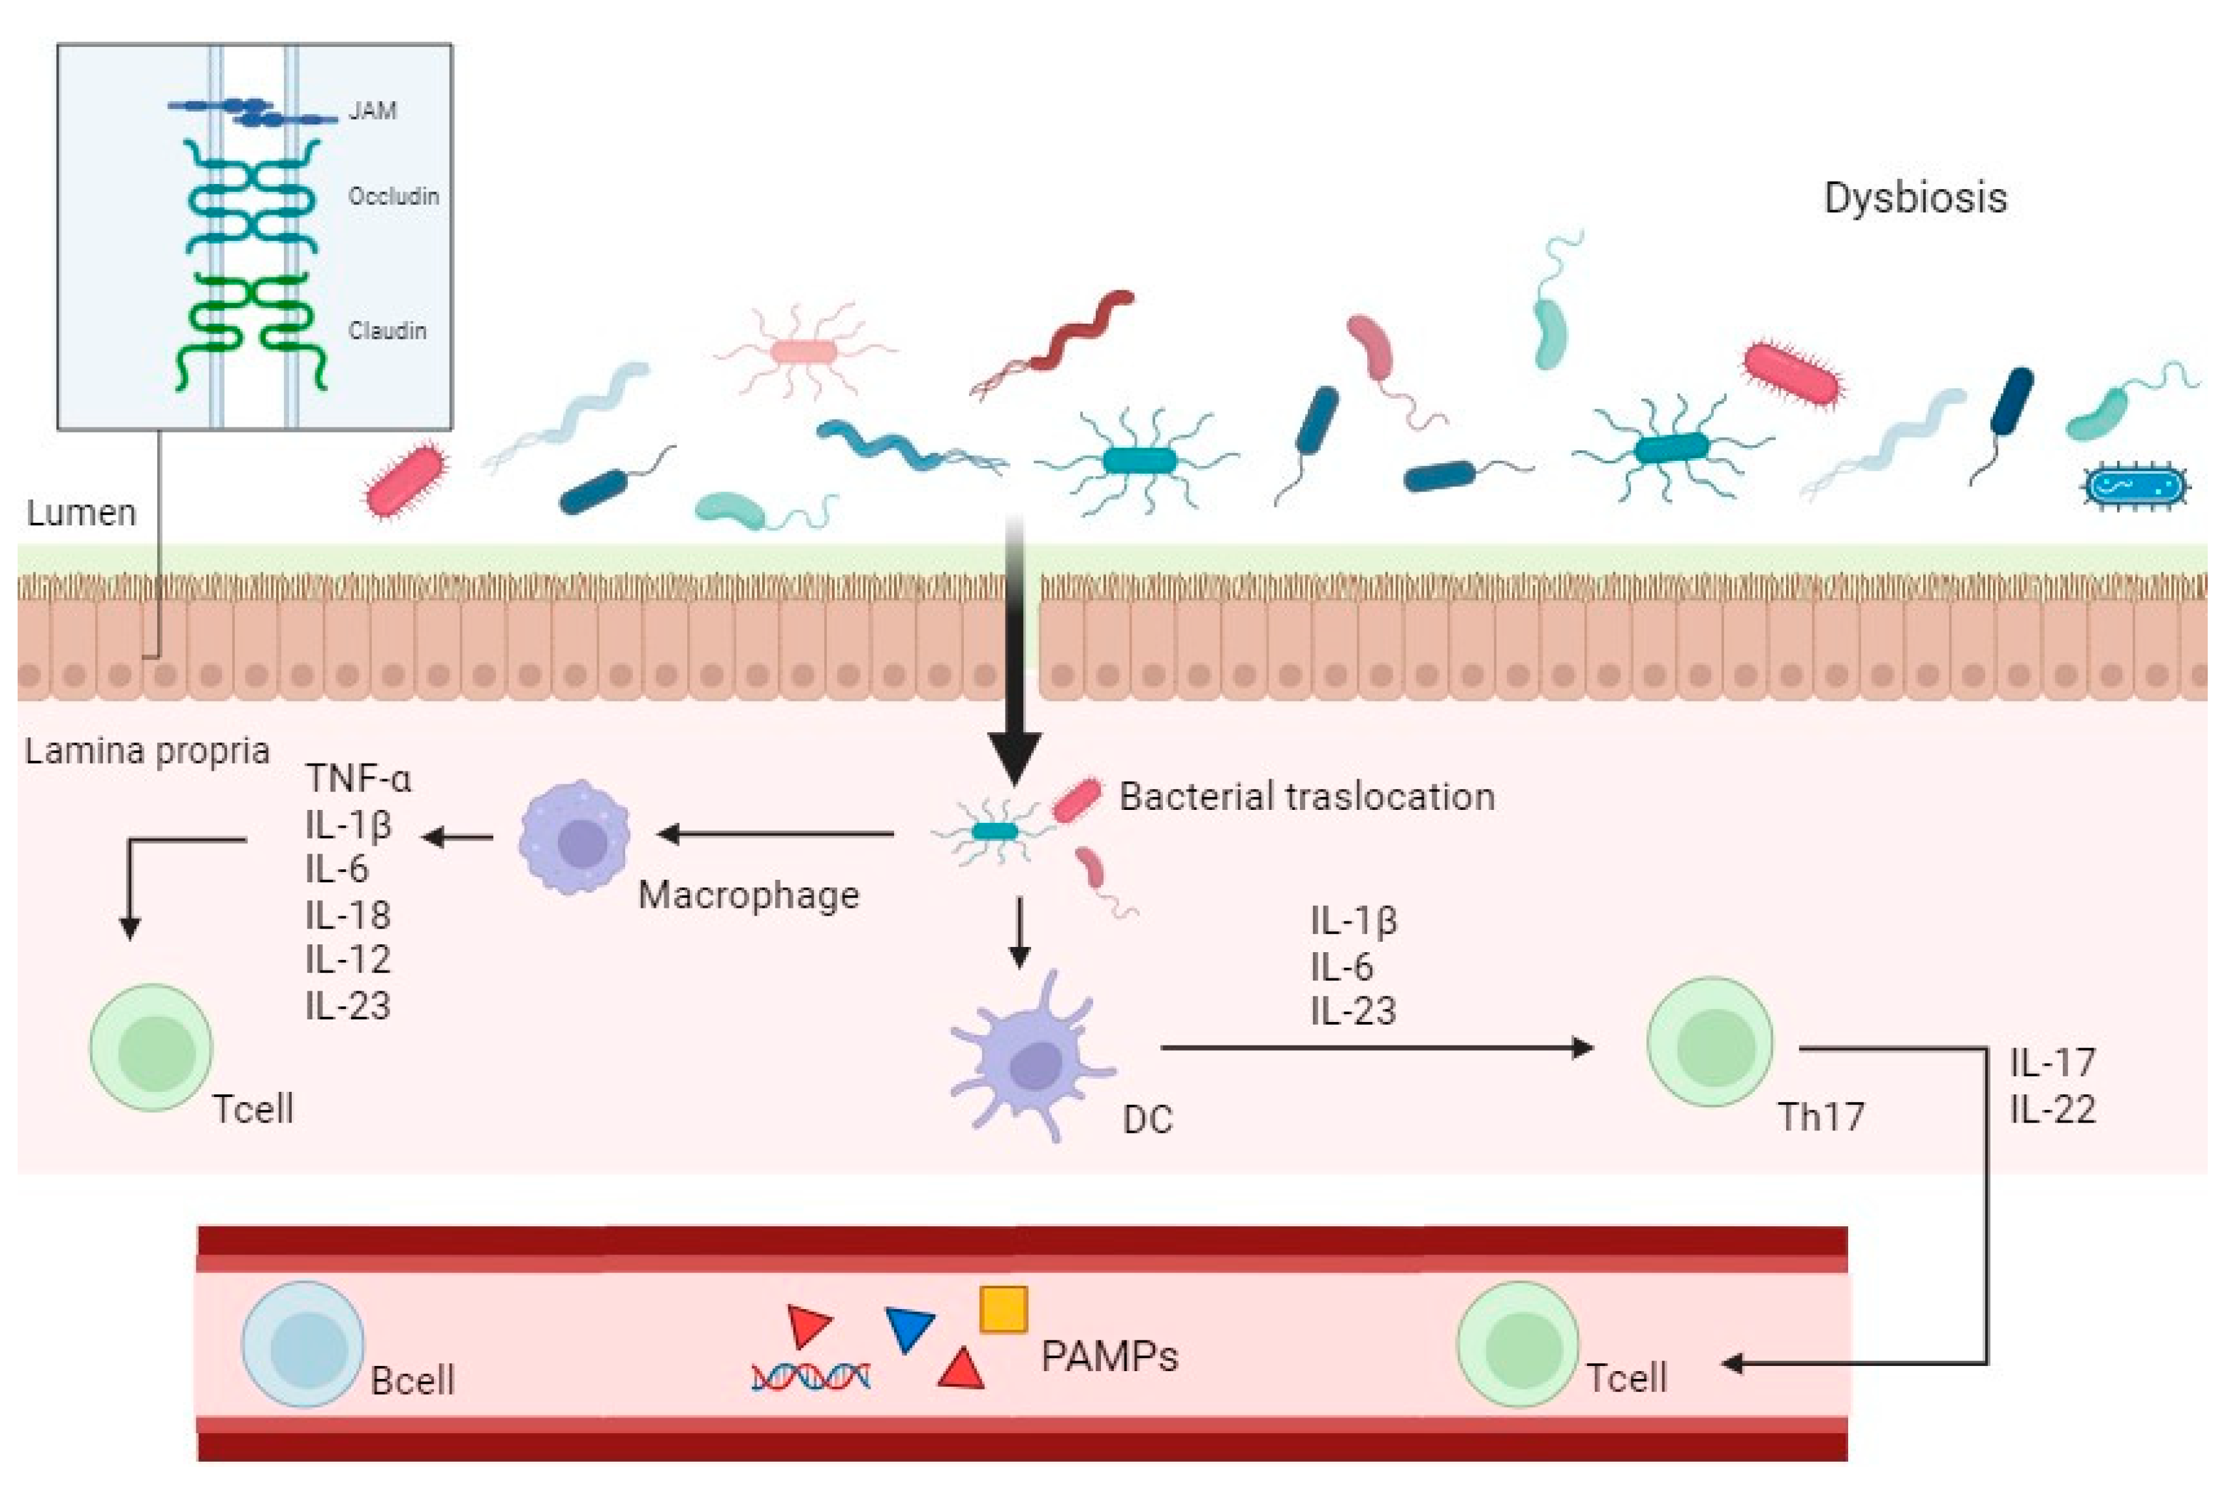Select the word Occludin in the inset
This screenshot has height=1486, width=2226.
click(x=394, y=196)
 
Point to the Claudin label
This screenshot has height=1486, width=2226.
click(x=386, y=331)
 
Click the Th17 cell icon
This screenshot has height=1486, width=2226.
click(x=1710, y=1042)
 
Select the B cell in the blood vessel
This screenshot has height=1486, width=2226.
click(x=303, y=1344)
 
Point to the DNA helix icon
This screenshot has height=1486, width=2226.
click(x=811, y=1376)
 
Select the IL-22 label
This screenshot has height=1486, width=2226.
click(x=2052, y=1109)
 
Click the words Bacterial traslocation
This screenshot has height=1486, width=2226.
click(x=1306, y=797)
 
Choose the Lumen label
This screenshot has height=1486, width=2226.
click(x=82, y=513)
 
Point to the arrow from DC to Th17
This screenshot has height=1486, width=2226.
click(x=1374, y=1047)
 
